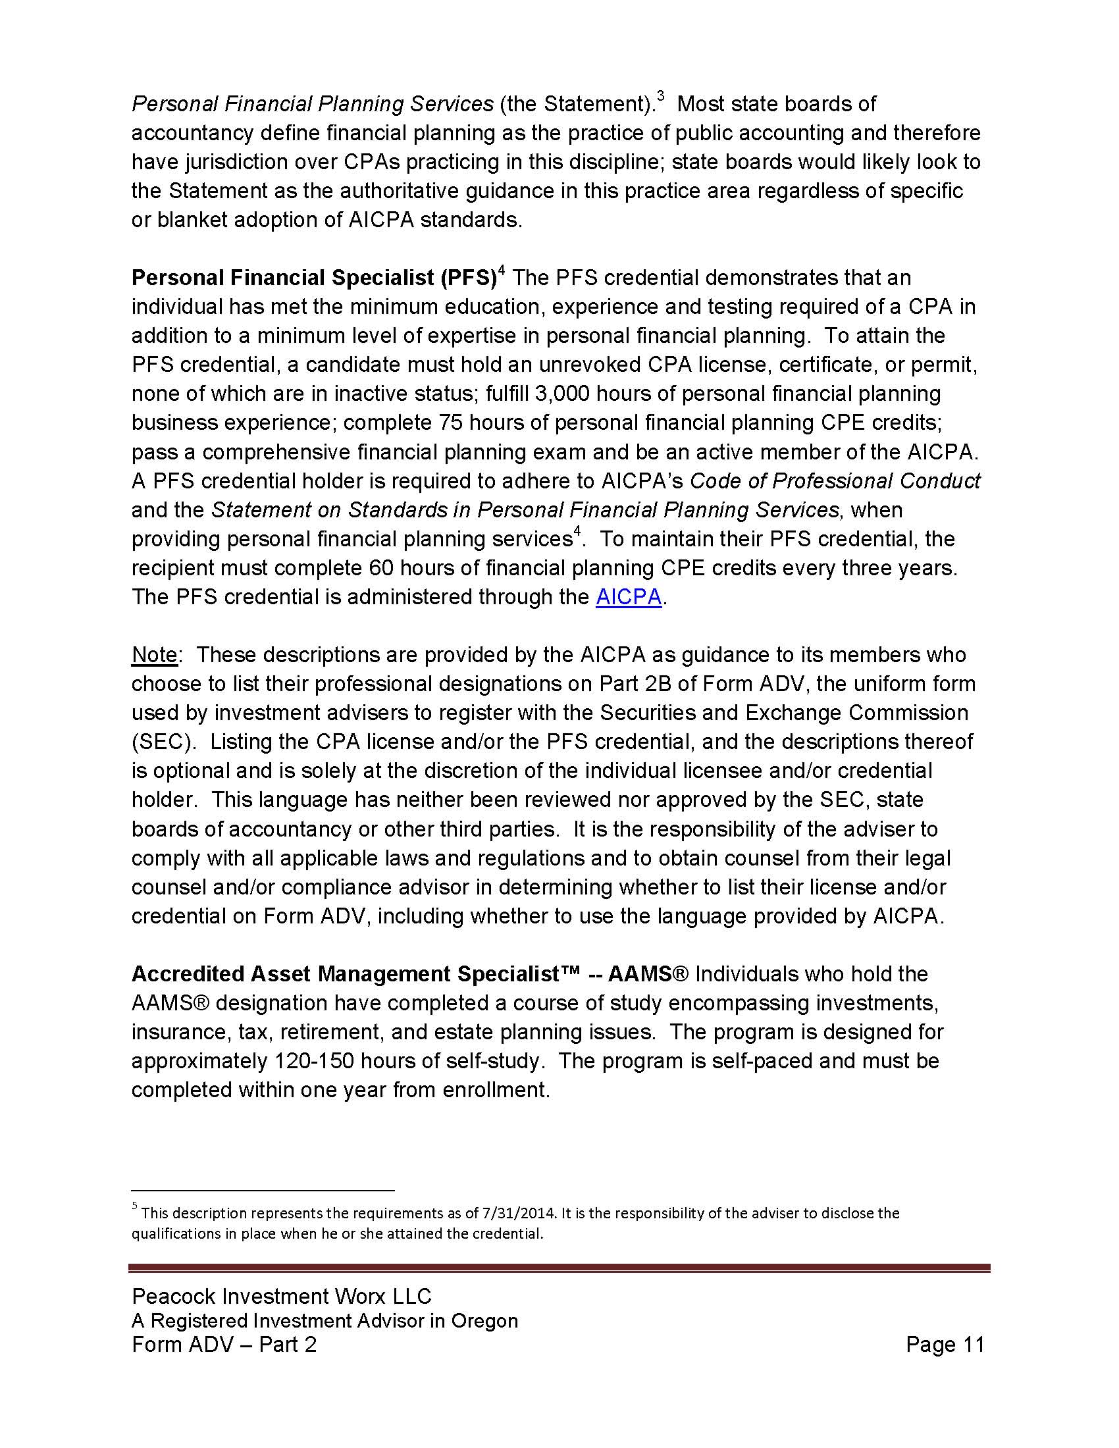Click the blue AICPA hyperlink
[629, 598]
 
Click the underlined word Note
[155, 655]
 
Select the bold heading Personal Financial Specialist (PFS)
[314, 278]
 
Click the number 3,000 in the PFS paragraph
[561, 394]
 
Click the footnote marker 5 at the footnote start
[134, 1206]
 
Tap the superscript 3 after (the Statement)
[660, 97]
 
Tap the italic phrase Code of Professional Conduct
[835, 481]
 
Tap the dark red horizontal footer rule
[559, 1268]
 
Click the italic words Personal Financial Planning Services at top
[312, 104]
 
